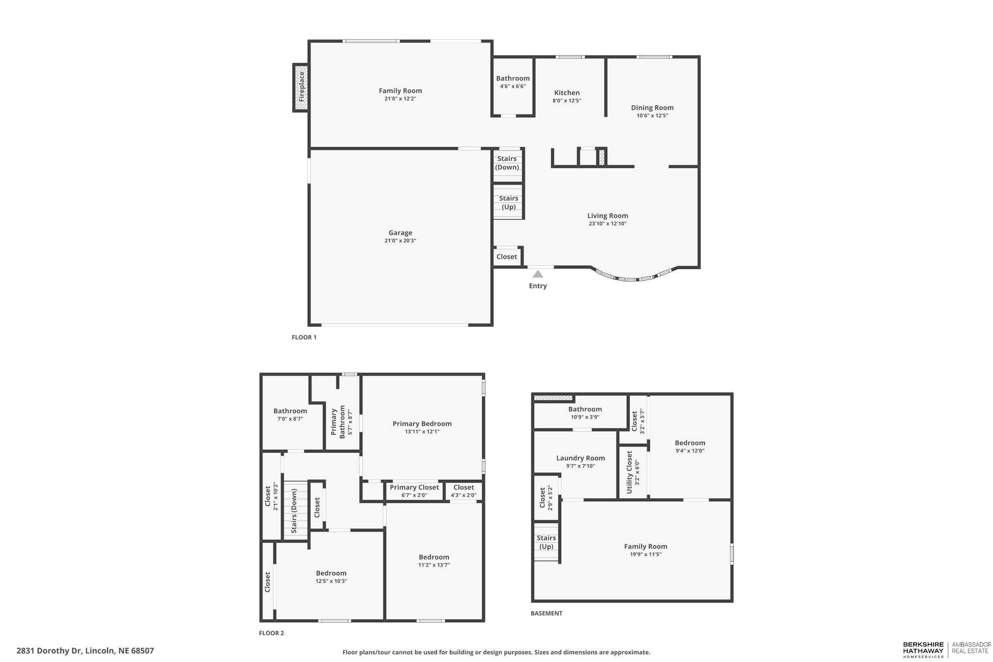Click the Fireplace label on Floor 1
pyautogui.click(x=301, y=87)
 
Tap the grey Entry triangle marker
pyautogui.click(x=537, y=274)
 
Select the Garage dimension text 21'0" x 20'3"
pyautogui.click(x=400, y=241)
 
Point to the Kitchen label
pyautogui.click(x=566, y=93)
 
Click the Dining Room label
pyautogui.click(x=652, y=108)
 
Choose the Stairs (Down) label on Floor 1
pyautogui.click(x=507, y=162)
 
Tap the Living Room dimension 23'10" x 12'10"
pyautogui.click(x=607, y=224)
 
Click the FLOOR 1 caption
pyautogui.click(x=304, y=337)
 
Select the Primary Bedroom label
pyautogui.click(x=422, y=423)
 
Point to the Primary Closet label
pyautogui.click(x=414, y=487)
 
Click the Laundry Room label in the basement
pyautogui.click(x=580, y=458)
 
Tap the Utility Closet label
pyautogui.click(x=629, y=472)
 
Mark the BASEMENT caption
pyautogui.click(x=546, y=613)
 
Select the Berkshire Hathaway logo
pyautogui.click(x=923, y=650)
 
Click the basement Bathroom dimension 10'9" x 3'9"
pyautogui.click(x=585, y=417)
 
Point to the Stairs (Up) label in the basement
pyautogui.click(x=546, y=542)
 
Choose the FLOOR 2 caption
pyautogui.click(x=271, y=633)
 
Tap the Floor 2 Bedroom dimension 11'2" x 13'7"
pyautogui.click(x=434, y=565)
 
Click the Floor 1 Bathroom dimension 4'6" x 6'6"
pyautogui.click(x=512, y=86)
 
